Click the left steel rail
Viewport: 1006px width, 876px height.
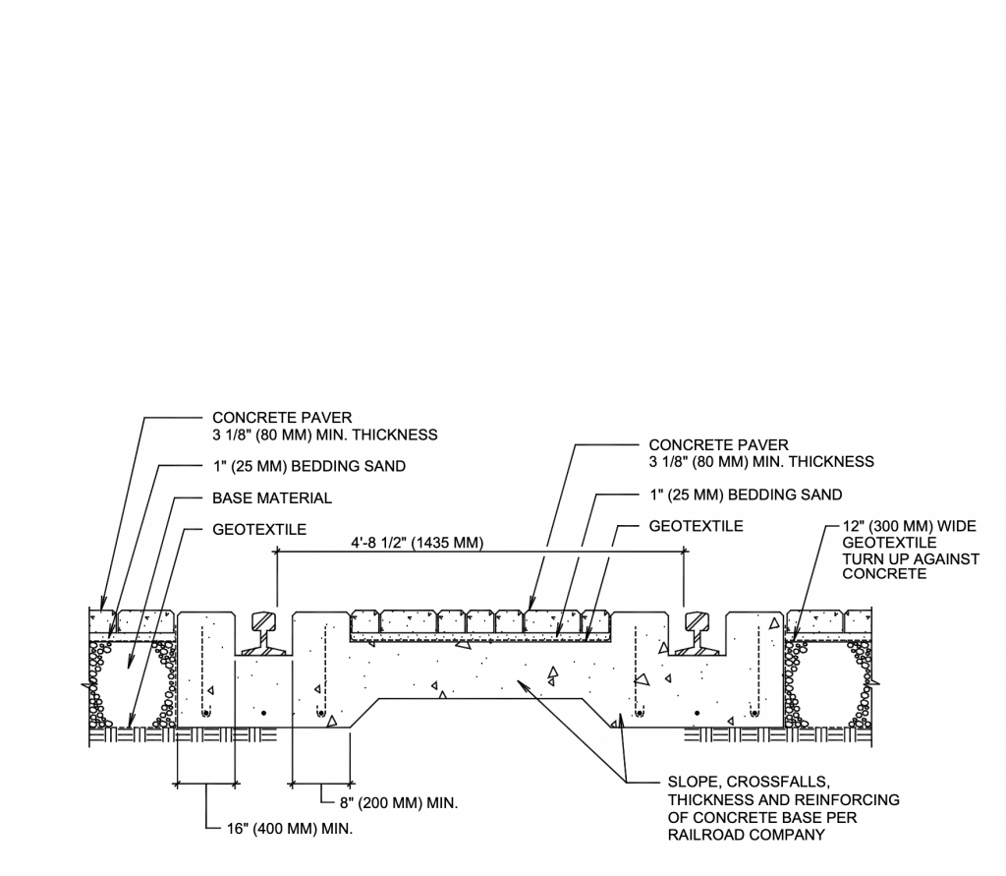(264, 634)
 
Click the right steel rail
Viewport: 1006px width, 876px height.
(698, 634)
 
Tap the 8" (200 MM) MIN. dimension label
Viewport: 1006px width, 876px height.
(396, 802)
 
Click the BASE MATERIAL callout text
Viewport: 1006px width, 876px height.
(272, 497)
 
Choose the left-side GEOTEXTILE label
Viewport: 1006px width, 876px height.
(259, 529)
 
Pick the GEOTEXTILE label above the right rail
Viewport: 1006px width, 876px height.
(696, 526)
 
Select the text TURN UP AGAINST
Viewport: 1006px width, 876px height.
(911, 558)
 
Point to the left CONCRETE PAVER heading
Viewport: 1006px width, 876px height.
(282, 418)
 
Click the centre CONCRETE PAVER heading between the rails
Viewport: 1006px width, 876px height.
(718, 445)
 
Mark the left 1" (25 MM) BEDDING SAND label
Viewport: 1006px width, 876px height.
(308, 466)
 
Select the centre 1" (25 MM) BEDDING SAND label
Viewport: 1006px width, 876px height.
(745, 494)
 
